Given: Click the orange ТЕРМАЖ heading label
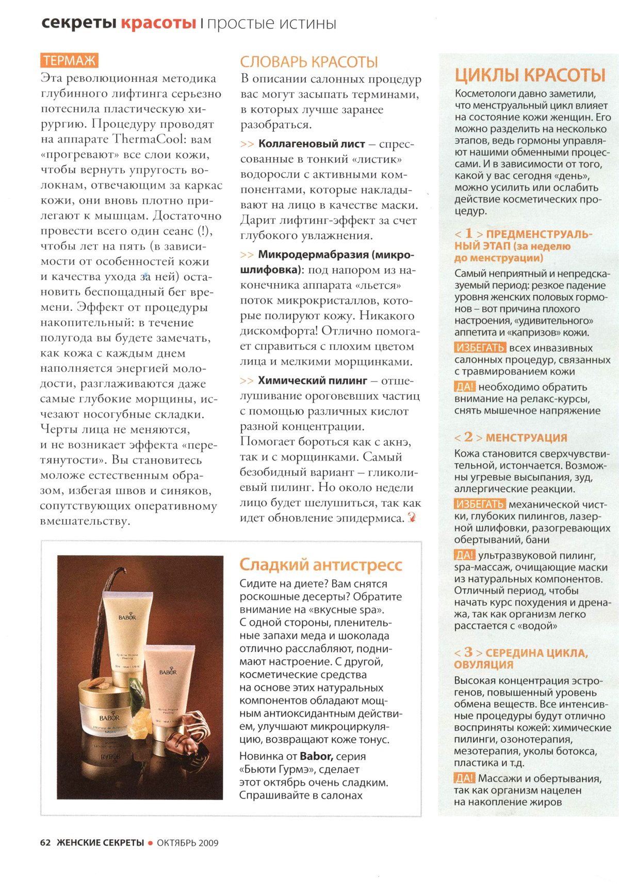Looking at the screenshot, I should (70, 61).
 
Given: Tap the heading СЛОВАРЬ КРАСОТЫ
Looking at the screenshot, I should (309, 62).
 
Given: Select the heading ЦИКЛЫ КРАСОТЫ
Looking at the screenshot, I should (530, 75).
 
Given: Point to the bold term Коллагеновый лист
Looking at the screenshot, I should (312, 144).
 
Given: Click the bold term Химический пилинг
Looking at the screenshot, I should (313, 381).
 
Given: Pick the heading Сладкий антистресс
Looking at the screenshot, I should (320, 565).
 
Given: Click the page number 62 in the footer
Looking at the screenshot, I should (45, 843).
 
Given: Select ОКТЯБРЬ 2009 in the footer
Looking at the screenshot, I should (187, 843).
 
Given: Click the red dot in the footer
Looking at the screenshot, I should (150, 843).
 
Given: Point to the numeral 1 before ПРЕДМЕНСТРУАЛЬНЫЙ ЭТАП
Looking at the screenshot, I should (468, 233).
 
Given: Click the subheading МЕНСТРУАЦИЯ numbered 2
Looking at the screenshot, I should (526, 438).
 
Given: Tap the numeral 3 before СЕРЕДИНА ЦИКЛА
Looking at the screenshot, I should (468, 652).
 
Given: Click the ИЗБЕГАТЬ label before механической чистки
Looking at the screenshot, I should (480, 504).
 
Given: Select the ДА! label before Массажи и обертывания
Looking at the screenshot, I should (464, 778).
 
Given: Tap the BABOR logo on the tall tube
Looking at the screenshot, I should (127, 617).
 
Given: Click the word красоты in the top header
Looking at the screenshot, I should (158, 24).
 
